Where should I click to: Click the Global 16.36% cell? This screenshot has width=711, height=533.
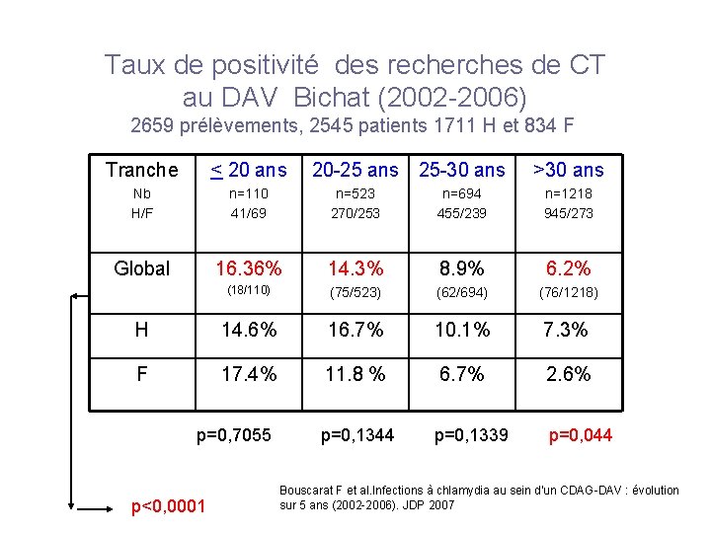tap(249, 267)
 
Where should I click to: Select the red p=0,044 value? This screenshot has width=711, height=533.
tap(580, 434)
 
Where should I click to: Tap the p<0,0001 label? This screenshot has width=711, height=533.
tap(169, 506)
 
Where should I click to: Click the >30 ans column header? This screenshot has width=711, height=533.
tap(568, 170)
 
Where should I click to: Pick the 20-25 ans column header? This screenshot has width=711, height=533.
tap(355, 170)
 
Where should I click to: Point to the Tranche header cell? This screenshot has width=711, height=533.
tap(142, 170)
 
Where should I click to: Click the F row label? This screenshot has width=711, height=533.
tap(142, 375)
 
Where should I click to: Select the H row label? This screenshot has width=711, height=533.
tap(142, 330)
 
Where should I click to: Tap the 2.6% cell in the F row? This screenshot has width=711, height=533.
tap(568, 375)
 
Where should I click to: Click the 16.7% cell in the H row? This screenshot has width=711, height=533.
tap(355, 330)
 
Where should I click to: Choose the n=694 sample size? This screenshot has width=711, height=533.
tap(461, 195)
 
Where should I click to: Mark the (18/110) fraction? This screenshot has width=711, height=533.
tap(249, 291)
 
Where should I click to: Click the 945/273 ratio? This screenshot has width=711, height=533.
tap(568, 213)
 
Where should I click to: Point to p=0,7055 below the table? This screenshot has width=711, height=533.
tap(234, 434)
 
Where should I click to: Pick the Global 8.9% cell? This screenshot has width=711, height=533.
tap(461, 267)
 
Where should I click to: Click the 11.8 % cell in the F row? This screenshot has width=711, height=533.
tap(355, 375)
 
